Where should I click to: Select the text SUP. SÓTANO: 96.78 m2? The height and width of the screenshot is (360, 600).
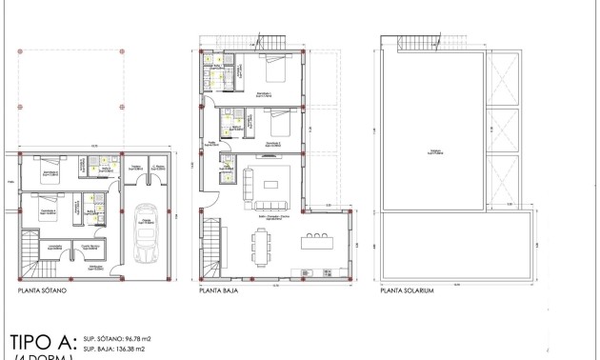118,338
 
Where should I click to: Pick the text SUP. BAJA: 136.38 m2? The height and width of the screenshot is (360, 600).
115,350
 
